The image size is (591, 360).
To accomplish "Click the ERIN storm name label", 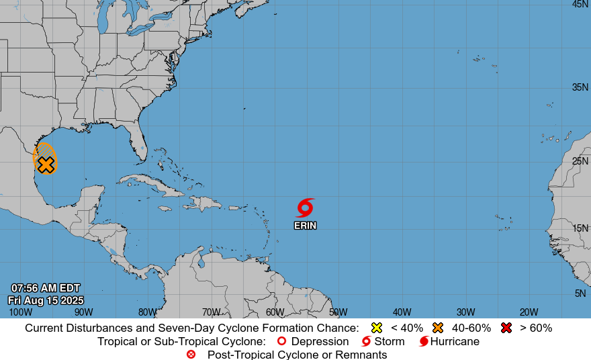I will (305, 226).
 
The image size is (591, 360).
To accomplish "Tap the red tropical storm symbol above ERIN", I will (306, 207).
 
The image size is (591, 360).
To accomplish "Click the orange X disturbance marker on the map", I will (46, 164).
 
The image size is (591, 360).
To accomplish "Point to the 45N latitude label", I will (580, 4).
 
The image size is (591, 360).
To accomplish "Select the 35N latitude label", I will (580, 87).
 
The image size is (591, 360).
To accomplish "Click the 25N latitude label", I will (580, 161).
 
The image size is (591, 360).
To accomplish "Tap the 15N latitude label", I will (580, 228).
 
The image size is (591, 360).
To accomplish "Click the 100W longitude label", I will (20, 312).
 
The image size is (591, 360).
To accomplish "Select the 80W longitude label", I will (147, 312).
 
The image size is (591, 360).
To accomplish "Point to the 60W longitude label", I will (275, 312).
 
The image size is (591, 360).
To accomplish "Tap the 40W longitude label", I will (402, 312).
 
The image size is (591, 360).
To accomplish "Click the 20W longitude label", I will (529, 312).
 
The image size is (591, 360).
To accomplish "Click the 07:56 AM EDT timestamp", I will (46, 288).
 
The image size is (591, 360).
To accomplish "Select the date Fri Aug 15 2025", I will (46, 300).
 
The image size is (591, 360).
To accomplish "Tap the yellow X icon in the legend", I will (377, 328).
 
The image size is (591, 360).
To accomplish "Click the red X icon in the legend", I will (506, 328).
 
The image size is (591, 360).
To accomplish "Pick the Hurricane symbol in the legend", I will (424, 341).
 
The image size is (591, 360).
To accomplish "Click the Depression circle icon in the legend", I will (282, 341).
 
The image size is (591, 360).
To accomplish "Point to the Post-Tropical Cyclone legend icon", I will (191, 354).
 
